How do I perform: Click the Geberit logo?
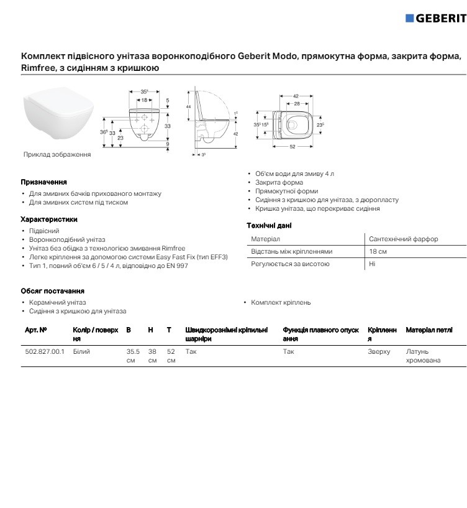tap(435, 18)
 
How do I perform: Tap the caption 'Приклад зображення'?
tap(57, 155)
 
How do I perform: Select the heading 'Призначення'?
tap(43, 183)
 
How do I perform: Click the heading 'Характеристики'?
tap(48, 219)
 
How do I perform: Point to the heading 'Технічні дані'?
tap(269, 226)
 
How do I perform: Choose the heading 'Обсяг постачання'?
tap(52, 291)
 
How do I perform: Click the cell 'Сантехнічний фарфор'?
tap(403, 239)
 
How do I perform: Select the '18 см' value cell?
tap(378, 252)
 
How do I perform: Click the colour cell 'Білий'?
tap(81, 352)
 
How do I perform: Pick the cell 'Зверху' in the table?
tap(379, 352)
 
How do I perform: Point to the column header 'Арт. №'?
tap(35, 330)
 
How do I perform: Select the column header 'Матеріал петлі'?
tap(429, 330)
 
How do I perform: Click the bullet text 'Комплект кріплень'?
tap(281, 302)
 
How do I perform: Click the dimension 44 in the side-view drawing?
tap(188, 108)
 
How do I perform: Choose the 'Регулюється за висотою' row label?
tap(290, 264)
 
